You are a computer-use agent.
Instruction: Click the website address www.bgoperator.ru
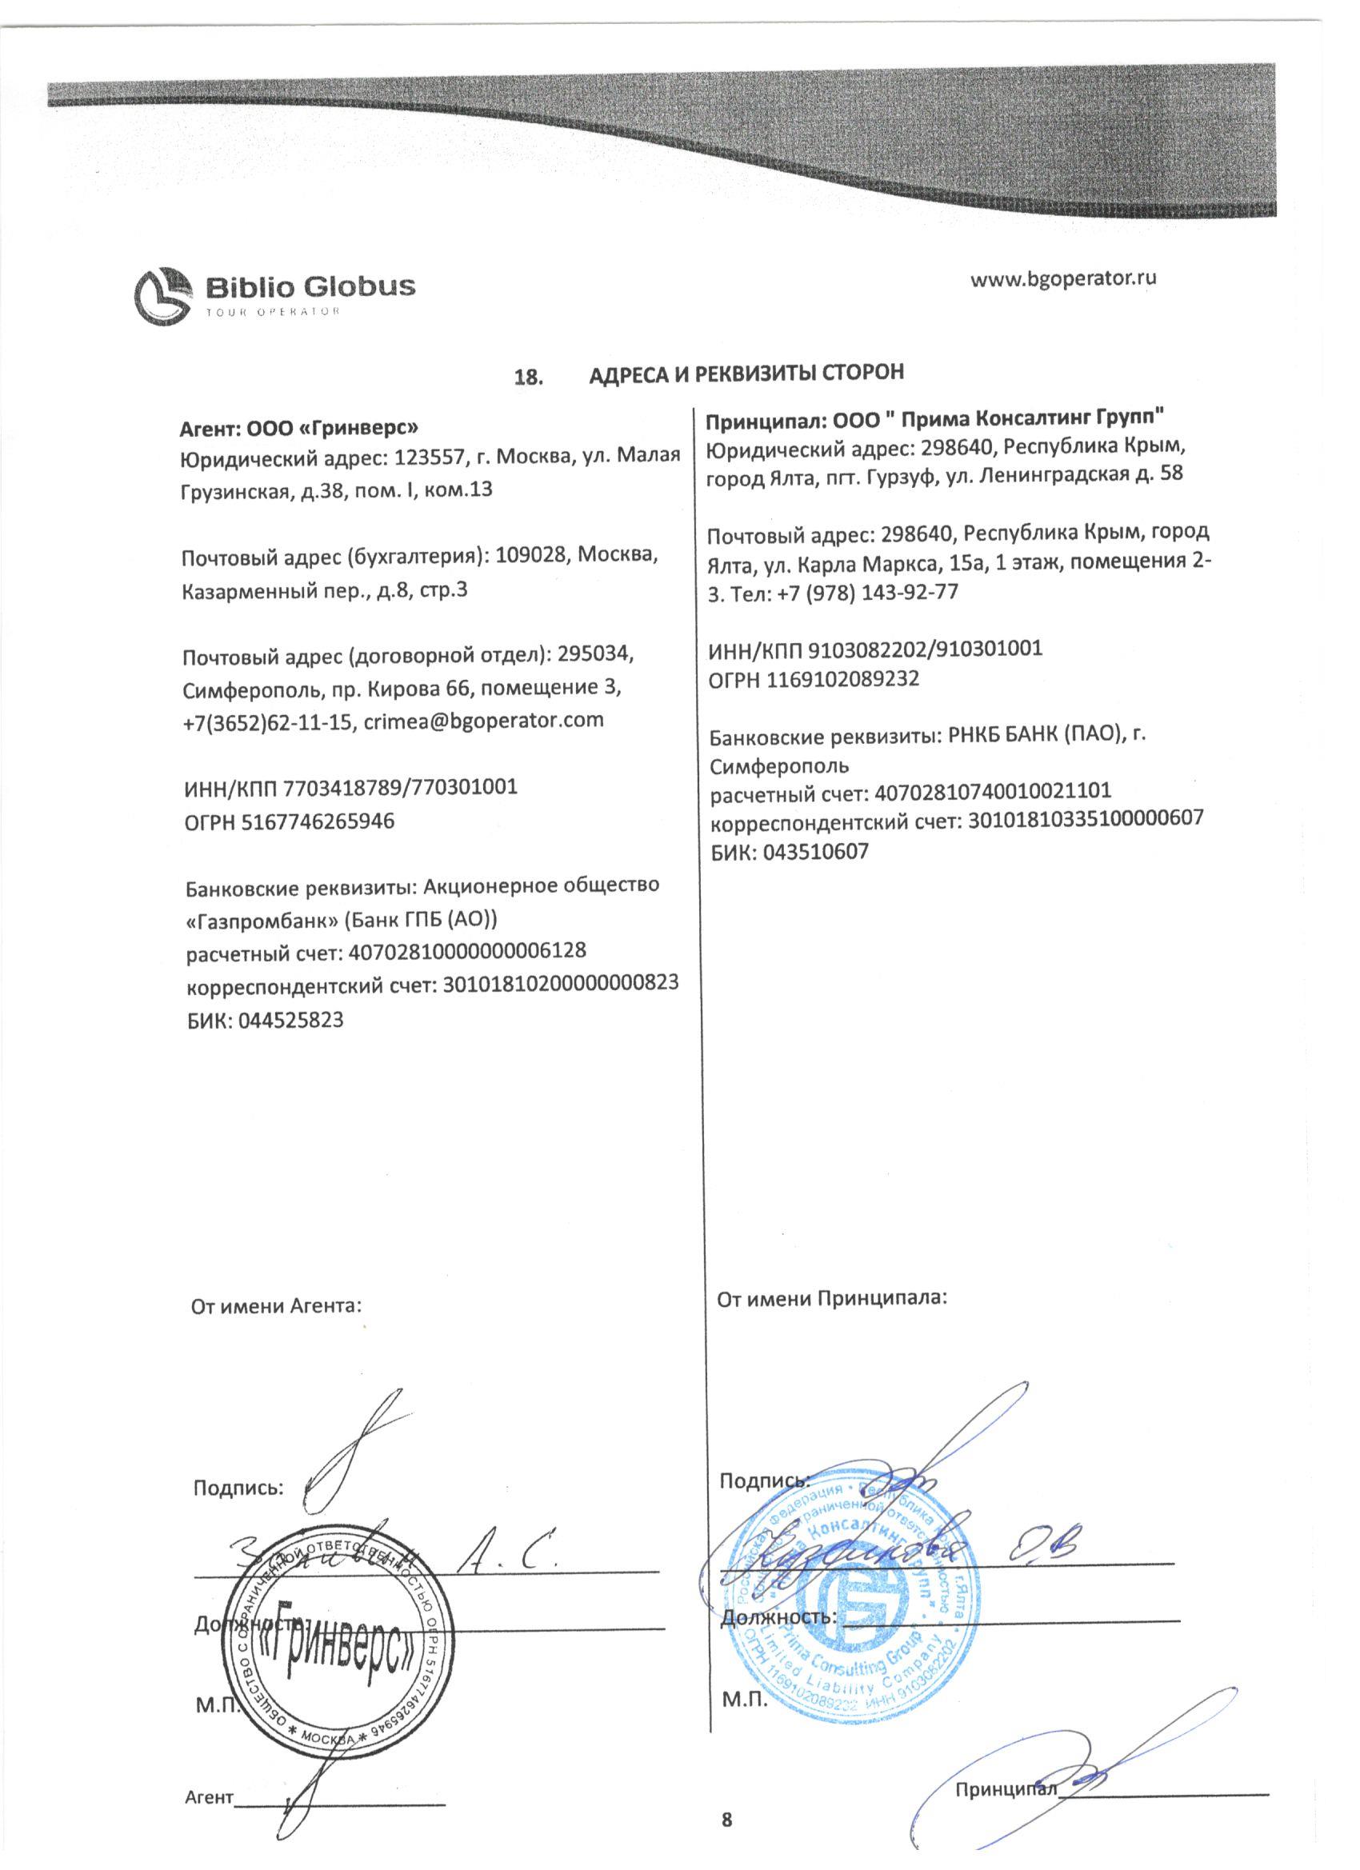pos(1063,278)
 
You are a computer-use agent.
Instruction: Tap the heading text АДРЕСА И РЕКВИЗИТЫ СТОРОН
pos(746,373)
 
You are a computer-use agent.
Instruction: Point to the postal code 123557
pos(429,456)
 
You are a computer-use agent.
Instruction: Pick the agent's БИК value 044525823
pos(291,1020)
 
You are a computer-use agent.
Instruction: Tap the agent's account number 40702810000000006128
pos(468,951)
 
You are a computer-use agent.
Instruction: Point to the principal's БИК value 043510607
pos(816,852)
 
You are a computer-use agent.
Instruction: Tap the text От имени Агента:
pos(276,1307)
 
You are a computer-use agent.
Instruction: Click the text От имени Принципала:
pos(831,1300)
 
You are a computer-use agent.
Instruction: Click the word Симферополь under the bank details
pos(779,766)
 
